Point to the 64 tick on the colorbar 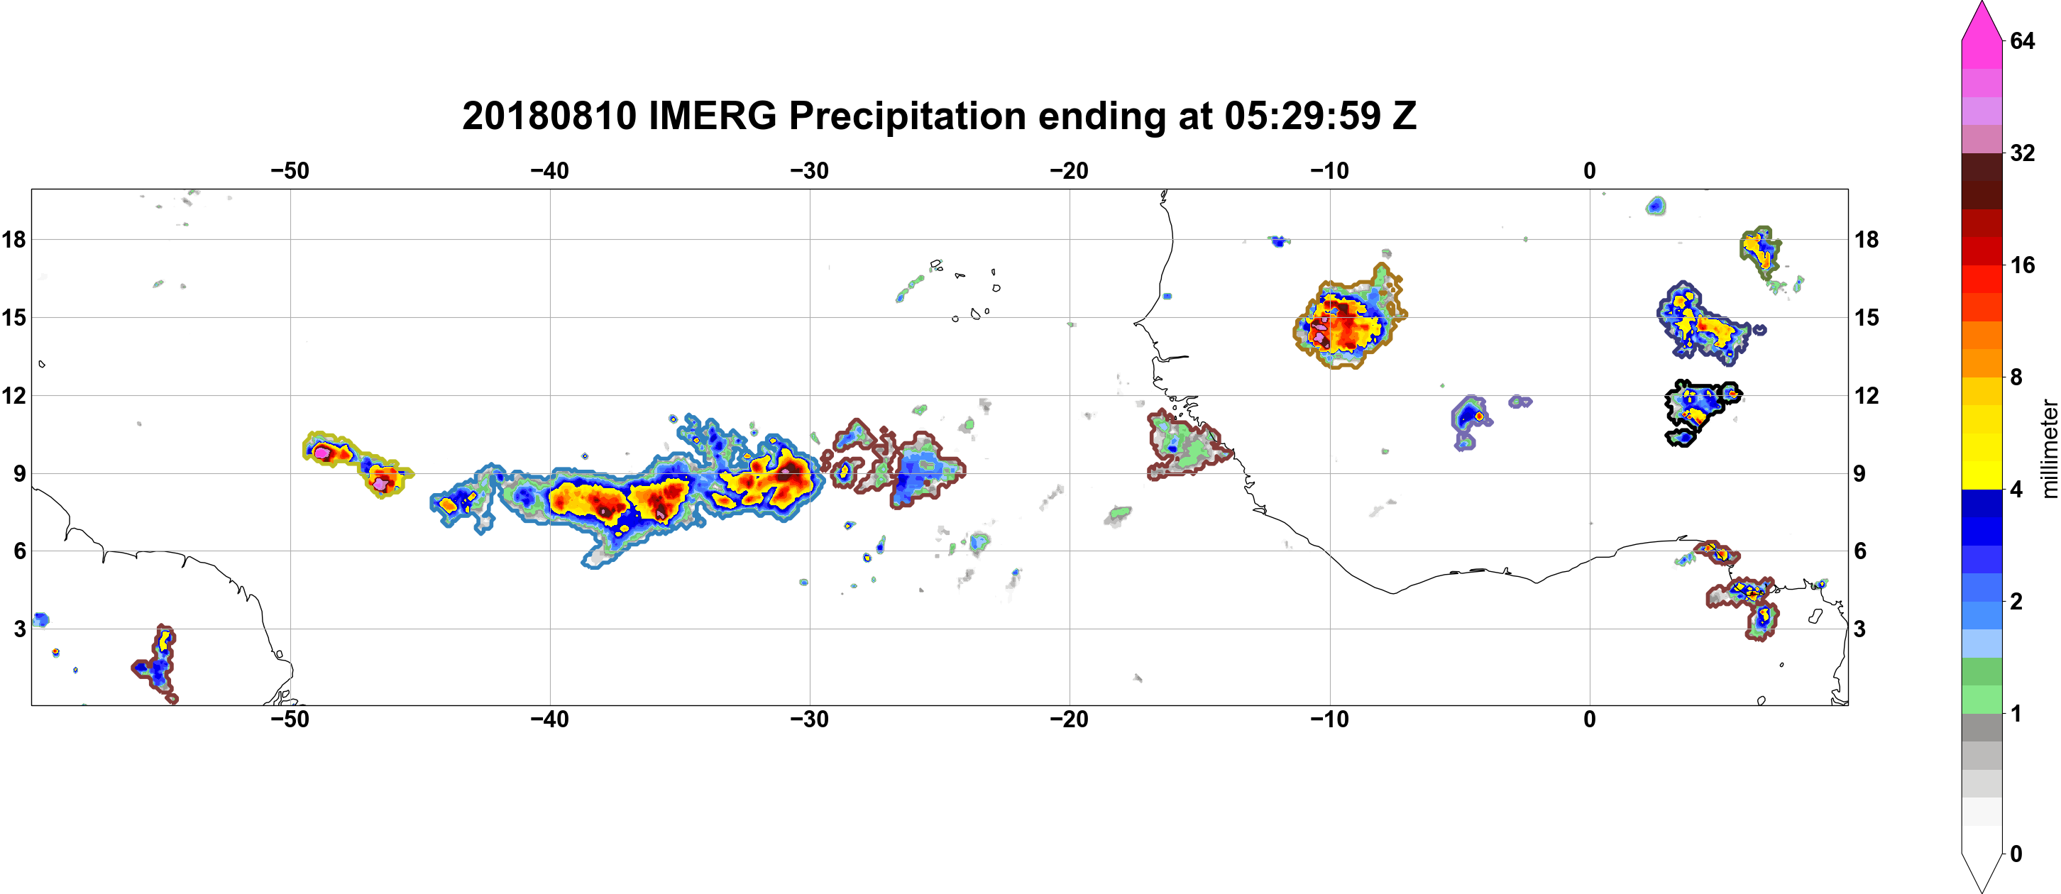click(x=2023, y=40)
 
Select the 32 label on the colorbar click(x=2023, y=153)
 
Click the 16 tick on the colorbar click(x=2023, y=265)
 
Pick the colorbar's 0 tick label click(x=2016, y=854)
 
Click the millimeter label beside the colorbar click(x=2049, y=448)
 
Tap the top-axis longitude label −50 click(x=290, y=171)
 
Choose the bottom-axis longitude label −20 click(x=1070, y=719)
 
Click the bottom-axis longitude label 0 click(x=1590, y=719)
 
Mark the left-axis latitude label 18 click(x=13, y=239)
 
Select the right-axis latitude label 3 click(x=1859, y=629)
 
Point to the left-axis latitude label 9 click(x=20, y=473)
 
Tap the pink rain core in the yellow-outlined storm click(x=321, y=453)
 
